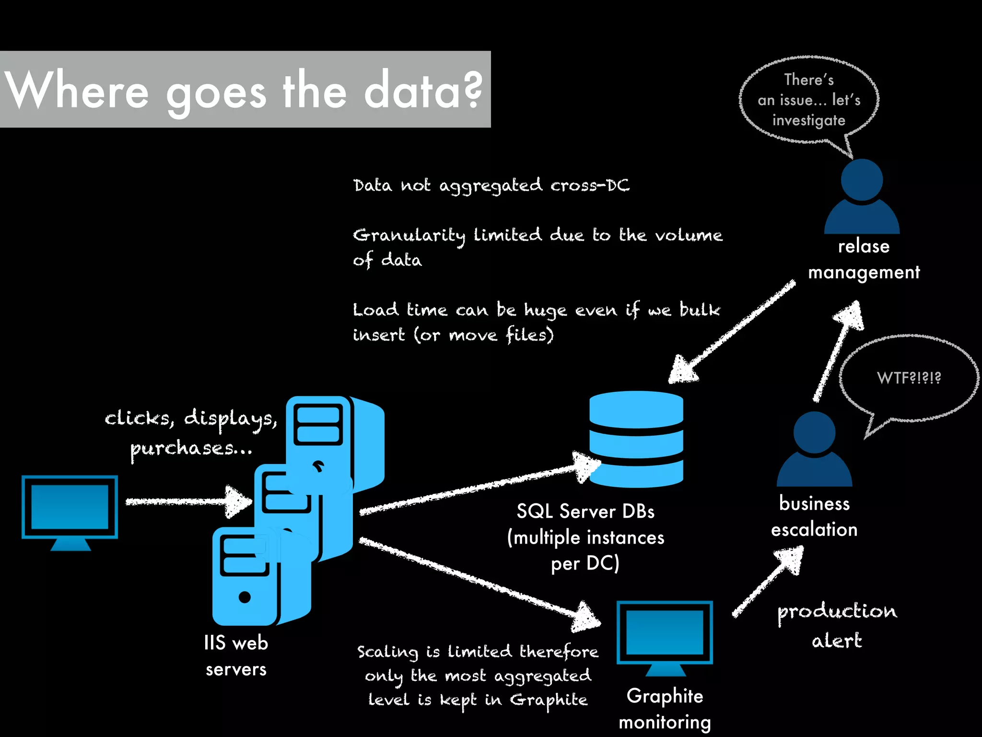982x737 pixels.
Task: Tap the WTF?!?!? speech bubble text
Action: pos(909,378)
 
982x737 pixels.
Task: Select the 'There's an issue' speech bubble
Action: pos(809,100)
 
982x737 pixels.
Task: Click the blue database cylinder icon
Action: pos(636,439)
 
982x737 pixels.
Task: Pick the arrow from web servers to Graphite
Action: pos(479,581)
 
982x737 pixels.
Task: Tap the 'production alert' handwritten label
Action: pos(837,625)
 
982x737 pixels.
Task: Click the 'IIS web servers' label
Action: pos(235,655)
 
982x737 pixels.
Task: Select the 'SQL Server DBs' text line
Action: pos(585,511)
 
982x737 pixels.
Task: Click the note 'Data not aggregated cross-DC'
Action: pos(491,186)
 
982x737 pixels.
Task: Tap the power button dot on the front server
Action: pos(245,597)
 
